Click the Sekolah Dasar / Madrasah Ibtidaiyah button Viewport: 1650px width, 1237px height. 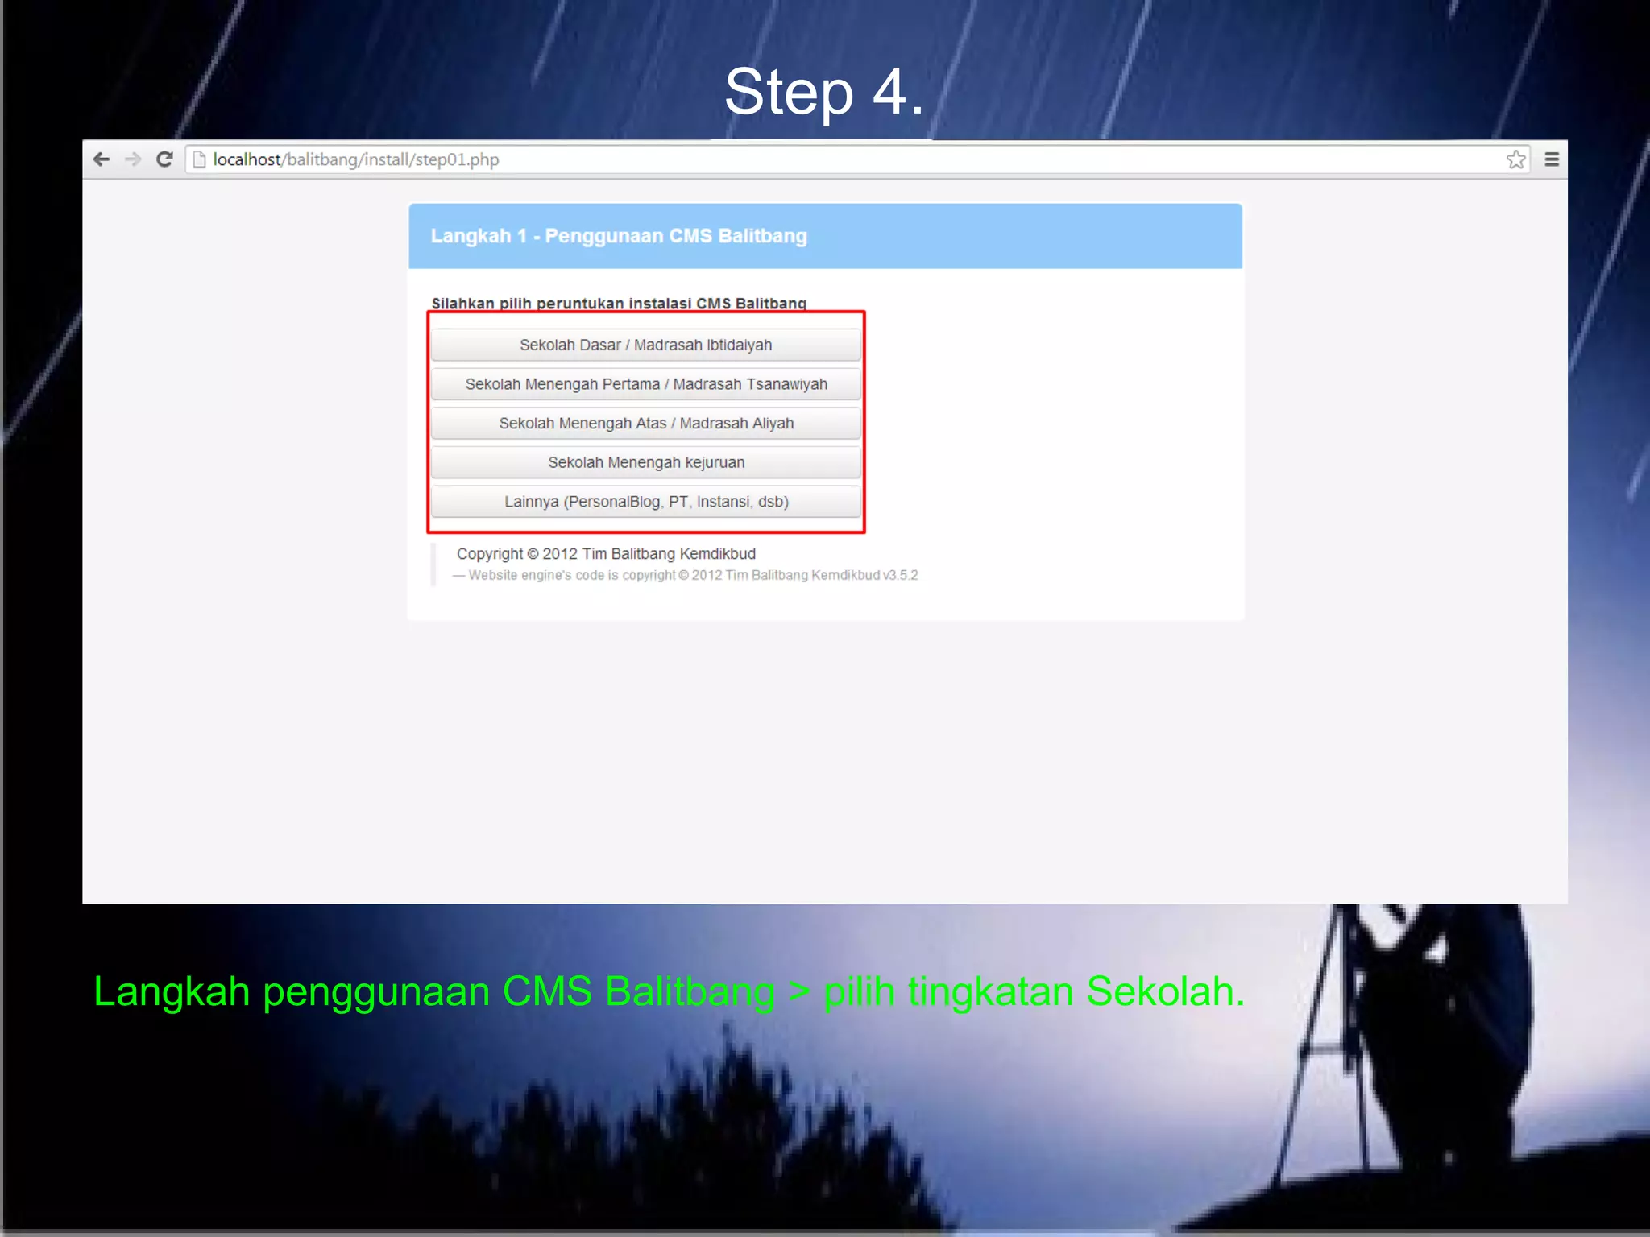coord(645,345)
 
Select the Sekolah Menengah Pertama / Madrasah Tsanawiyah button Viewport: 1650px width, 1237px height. coord(645,384)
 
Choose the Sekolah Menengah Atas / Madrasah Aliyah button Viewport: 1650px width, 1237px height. coord(645,424)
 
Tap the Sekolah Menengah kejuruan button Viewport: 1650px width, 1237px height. coord(645,462)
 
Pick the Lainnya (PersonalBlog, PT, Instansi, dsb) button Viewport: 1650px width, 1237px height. coord(645,502)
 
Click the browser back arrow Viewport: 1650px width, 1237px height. coord(102,159)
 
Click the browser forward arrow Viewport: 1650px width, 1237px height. coord(133,159)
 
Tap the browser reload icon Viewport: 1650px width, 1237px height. coord(164,159)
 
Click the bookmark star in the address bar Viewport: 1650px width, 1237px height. coord(1515,159)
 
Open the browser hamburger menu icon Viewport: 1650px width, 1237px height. coord(1552,159)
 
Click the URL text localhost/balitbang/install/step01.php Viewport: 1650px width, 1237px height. coord(355,159)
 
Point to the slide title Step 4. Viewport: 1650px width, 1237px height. coord(823,92)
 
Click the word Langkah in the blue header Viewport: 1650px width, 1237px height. coord(471,236)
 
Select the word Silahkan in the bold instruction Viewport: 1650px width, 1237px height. coord(462,304)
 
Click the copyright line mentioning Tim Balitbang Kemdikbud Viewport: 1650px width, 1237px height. coord(606,554)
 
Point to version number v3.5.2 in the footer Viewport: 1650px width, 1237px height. coord(900,575)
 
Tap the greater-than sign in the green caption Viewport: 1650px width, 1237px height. coord(798,991)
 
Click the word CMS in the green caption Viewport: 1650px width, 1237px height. coord(547,991)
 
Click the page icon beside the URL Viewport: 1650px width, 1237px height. coord(199,159)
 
